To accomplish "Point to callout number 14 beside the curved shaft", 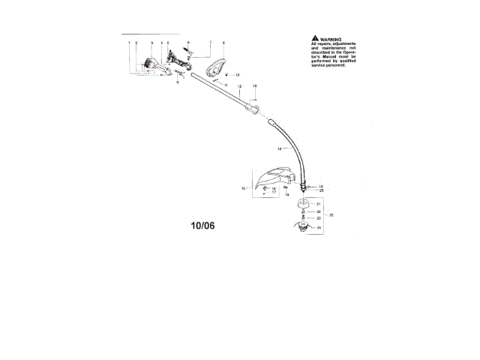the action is click(278, 149).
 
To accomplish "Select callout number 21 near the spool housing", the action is click(318, 204).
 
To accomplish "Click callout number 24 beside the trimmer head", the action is click(318, 227).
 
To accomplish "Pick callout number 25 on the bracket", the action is click(331, 214).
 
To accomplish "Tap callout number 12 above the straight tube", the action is click(239, 88).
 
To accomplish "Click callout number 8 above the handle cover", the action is click(223, 43).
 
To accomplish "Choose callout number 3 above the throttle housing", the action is click(151, 43).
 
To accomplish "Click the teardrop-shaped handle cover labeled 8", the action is click(217, 67).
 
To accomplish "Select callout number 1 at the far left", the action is click(128, 43).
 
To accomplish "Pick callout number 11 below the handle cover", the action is click(225, 86).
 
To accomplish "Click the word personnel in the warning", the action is click(334, 67).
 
